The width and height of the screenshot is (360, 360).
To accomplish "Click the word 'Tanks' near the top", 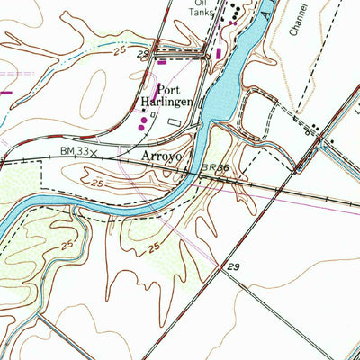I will (x=202, y=14).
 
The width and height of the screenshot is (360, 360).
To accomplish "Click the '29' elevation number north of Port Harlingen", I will (x=141, y=56).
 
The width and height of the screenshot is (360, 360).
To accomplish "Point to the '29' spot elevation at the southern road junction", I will (x=234, y=267).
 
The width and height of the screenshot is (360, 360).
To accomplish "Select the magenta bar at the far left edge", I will (x=4, y=91).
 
